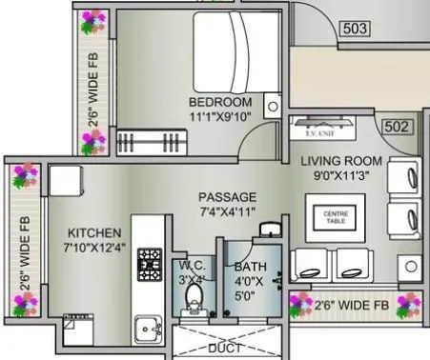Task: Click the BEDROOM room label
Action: click(219, 102)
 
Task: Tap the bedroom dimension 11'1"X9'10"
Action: click(219, 118)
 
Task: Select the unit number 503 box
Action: click(354, 29)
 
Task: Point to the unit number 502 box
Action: click(396, 125)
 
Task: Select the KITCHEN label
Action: click(93, 232)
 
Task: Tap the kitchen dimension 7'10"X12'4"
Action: click(93, 249)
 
